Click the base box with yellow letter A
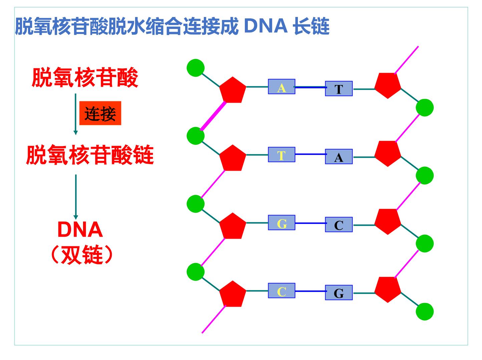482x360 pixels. click(x=281, y=86)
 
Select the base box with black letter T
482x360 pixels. click(x=339, y=88)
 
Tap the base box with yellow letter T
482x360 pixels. click(x=281, y=154)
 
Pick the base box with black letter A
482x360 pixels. click(x=339, y=156)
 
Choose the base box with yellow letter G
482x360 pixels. click(x=281, y=222)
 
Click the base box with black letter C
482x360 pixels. click(x=339, y=224)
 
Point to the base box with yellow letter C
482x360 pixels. click(x=281, y=290)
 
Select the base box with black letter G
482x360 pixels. click(x=339, y=292)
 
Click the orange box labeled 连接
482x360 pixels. click(x=100, y=113)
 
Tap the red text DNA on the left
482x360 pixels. click(x=80, y=229)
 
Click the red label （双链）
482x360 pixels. click(x=82, y=254)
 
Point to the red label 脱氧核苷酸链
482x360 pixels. click(x=90, y=155)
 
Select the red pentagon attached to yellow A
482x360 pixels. click(x=233, y=90)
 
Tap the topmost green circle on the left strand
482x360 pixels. click(x=195, y=68)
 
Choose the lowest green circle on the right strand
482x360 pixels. click(x=425, y=312)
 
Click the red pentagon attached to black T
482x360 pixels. click(x=388, y=85)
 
